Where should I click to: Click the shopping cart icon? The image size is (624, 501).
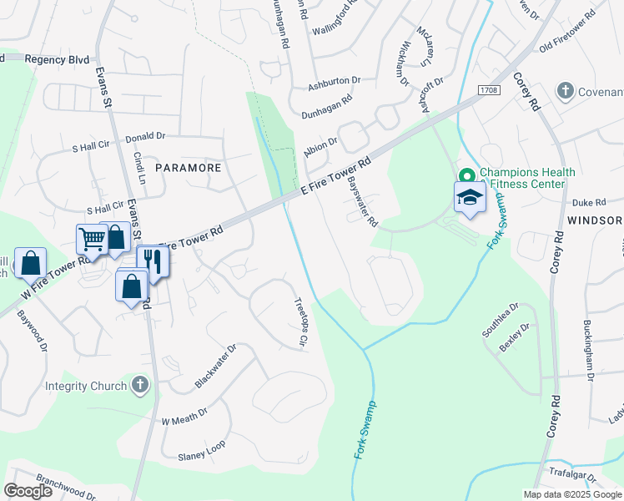[x=92, y=240]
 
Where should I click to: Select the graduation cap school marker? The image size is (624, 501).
[x=470, y=198]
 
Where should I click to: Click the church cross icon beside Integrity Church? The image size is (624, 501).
[x=140, y=385]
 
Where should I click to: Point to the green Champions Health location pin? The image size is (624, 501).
[x=466, y=175]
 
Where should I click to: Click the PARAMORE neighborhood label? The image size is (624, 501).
[x=192, y=167]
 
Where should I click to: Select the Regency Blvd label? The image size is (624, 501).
[x=57, y=59]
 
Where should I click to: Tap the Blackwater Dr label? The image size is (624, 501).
[x=216, y=366]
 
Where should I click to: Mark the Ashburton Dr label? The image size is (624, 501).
[x=334, y=83]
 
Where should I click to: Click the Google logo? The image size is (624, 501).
[x=28, y=491]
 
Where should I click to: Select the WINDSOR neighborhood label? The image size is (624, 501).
[x=594, y=220]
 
